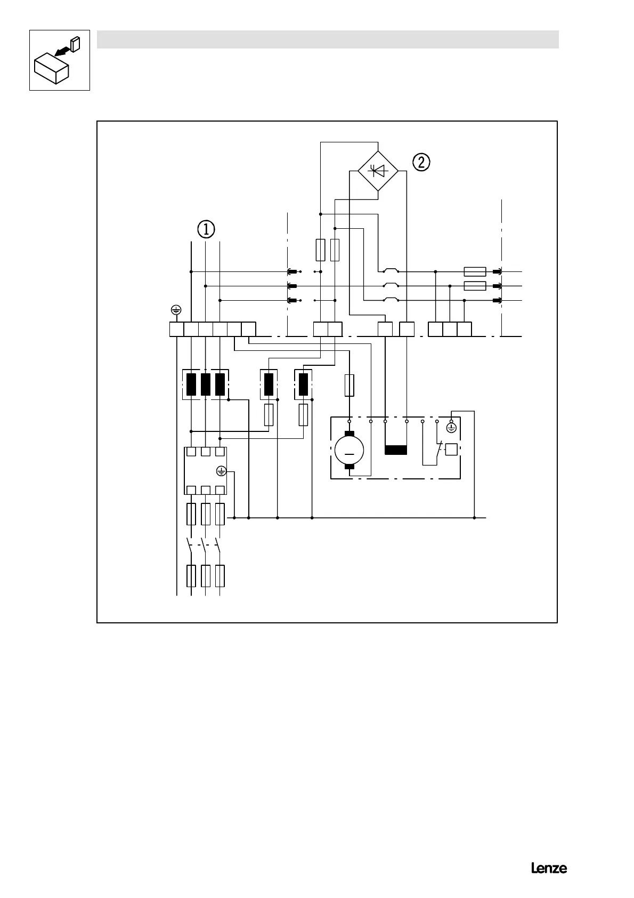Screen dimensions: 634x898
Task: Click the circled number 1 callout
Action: pos(206,229)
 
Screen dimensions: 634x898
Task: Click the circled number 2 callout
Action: pos(421,162)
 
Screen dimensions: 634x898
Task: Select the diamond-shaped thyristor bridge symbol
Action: pos(378,171)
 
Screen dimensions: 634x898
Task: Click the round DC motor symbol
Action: pos(349,451)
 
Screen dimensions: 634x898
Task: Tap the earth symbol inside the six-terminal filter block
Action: pos(222,471)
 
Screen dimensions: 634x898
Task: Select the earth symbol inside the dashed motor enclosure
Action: pos(451,428)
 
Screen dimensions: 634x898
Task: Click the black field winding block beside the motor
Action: pos(395,450)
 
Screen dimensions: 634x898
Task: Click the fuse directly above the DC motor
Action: pos(349,385)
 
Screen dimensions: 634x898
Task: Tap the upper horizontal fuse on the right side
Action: pos(475,271)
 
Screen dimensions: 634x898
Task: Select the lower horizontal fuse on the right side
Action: pos(475,286)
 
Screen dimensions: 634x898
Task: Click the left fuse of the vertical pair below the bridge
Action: pos(320,250)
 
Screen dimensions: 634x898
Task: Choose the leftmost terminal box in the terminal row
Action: pos(176,330)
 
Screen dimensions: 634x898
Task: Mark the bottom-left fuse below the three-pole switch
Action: pos(191,576)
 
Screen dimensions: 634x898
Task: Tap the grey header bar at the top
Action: pos(328,39)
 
